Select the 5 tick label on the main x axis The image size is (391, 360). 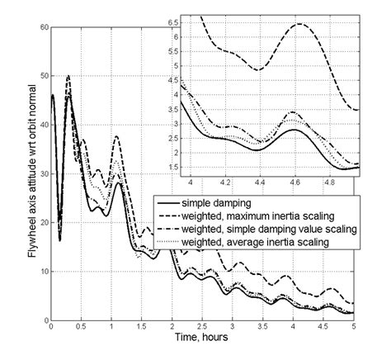[353, 328]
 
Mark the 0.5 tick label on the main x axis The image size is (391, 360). [81, 328]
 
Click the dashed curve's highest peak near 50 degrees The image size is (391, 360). [68, 76]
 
